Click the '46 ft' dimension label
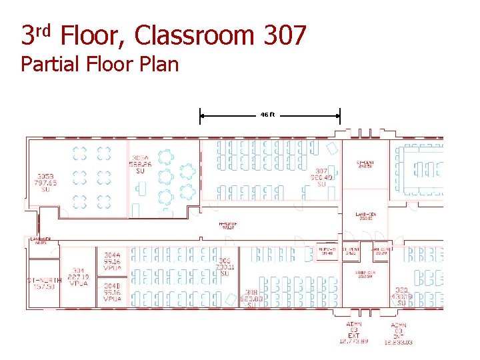tap(267, 115)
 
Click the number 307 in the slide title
tap(285, 35)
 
